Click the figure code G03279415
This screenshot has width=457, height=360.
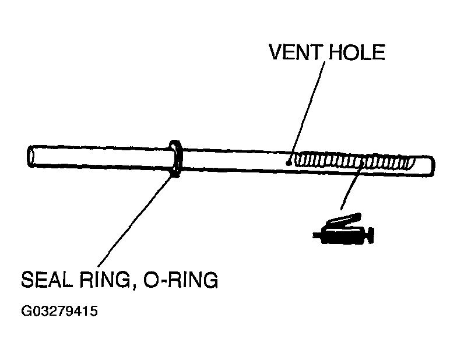click(60, 312)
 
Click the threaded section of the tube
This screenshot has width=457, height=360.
click(356, 161)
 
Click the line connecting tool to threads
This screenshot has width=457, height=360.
click(351, 189)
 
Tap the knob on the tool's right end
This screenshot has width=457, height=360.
click(369, 235)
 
